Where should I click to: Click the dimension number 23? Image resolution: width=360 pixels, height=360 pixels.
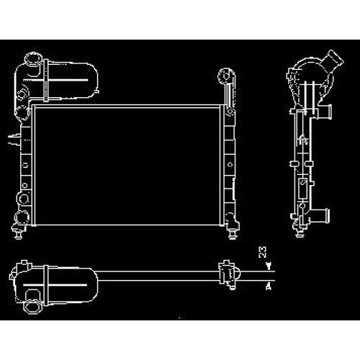[x=262, y=252]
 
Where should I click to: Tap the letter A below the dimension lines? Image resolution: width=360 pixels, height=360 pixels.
[x=269, y=287]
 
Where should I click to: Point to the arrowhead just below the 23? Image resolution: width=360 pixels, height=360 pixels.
[x=269, y=265]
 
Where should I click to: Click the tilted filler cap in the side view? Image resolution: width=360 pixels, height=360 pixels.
[x=333, y=60]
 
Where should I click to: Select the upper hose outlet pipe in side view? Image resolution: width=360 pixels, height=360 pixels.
[x=325, y=112]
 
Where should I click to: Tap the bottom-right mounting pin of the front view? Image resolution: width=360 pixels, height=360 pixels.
[x=233, y=233]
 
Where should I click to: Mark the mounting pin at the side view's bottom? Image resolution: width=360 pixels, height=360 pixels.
[x=300, y=232]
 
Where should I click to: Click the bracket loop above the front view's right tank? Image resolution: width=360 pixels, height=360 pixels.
[x=226, y=76]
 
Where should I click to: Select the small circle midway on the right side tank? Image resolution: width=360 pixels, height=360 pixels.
[x=230, y=165]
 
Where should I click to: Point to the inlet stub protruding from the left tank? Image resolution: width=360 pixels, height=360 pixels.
[x=14, y=139]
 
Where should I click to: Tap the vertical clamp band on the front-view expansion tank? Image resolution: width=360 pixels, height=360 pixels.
[x=46, y=81]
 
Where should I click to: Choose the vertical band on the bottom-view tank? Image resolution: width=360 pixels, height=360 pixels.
[x=46, y=285]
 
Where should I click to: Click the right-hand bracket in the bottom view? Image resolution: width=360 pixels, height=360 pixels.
[x=229, y=274]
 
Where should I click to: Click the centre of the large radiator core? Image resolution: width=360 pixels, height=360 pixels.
[x=127, y=166]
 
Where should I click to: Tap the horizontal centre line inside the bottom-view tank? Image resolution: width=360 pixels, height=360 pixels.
[x=55, y=285]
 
